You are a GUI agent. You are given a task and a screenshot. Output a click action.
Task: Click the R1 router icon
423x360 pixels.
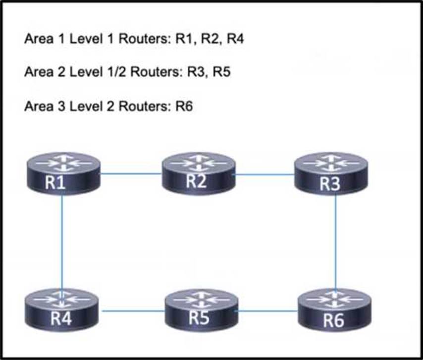coord(64,174)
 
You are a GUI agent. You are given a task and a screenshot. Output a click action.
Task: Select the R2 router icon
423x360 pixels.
coord(199,174)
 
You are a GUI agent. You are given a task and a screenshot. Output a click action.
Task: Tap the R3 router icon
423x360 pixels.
coord(331,174)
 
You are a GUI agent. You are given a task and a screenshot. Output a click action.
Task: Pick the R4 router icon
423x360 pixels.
coord(61,310)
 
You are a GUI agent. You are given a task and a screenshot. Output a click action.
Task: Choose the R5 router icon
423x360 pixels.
coord(202,310)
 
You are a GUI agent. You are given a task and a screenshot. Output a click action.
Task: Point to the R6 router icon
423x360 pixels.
coord(334,310)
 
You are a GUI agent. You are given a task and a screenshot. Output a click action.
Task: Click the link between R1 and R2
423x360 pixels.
coord(131,174)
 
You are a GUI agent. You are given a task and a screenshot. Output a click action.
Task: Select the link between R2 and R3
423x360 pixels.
coord(265,175)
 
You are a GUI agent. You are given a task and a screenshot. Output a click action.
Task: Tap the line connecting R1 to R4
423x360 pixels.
coord(62,241)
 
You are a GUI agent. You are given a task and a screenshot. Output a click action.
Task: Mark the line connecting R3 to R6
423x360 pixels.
coord(336,241)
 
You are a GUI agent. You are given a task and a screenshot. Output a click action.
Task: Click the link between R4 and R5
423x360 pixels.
coord(133,311)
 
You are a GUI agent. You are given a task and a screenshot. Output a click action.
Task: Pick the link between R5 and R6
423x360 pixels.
coord(268,311)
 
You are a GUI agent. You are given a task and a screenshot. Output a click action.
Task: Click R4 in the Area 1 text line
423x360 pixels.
coord(235,38)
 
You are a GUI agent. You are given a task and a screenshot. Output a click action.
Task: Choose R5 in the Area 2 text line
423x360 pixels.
coord(222,72)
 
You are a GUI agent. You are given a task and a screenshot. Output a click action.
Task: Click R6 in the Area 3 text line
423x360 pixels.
coord(184,106)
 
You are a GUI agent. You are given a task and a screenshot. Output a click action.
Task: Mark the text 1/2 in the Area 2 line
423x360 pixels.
coord(117,72)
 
